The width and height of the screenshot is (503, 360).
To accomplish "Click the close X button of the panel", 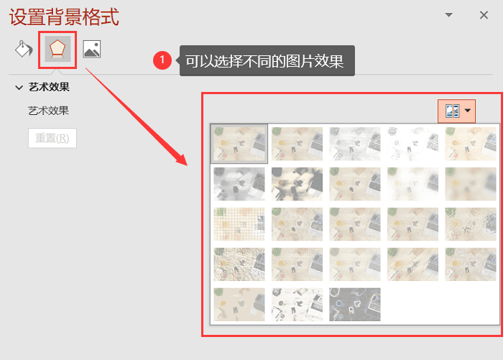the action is click(x=484, y=15).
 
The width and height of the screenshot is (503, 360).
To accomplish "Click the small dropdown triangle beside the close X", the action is click(x=449, y=15).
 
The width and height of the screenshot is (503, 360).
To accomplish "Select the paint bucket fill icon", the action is click(x=24, y=49).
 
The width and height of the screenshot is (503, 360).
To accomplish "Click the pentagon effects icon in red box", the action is click(x=57, y=49).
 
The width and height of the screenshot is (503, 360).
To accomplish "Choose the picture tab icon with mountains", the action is click(x=92, y=49).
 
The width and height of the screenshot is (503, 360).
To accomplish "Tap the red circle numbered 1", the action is click(x=162, y=60).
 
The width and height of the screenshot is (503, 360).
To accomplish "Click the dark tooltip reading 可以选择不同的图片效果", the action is click(x=267, y=60).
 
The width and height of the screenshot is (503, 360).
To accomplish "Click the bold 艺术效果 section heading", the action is click(x=49, y=87).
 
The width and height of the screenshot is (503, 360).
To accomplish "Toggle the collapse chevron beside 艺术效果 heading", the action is click(x=19, y=87).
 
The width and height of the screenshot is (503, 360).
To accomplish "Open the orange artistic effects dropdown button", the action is click(x=456, y=111).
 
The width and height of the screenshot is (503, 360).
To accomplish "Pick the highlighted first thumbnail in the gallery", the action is click(x=239, y=144).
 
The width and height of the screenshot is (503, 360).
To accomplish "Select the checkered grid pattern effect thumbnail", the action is click(x=239, y=224).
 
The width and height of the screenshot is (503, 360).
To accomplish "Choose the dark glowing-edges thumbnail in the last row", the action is click(x=355, y=304).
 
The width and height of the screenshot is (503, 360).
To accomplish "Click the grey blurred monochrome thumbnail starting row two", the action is click(x=239, y=184).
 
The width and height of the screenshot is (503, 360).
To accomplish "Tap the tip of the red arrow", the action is click(x=187, y=165).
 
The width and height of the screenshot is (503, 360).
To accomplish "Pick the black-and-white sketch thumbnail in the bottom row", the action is click(x=297, y=304).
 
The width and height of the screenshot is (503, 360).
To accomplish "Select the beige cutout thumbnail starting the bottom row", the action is click(x=239, y=304).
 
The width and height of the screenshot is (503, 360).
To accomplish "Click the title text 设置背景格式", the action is click(x=64, y=17).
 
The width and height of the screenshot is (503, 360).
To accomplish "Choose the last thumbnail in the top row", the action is click(x=471, y=144).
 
